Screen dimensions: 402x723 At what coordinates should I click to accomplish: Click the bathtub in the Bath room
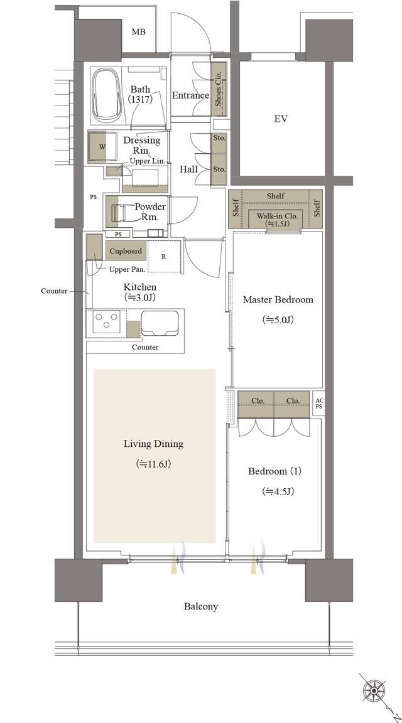click(x=109, y=96)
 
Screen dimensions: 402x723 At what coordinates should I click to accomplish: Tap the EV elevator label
click(x=281, y=119)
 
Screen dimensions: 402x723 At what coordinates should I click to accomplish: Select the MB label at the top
click(x=138, y=32)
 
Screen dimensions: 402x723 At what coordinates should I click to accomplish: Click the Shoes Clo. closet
click(x=219, y=89)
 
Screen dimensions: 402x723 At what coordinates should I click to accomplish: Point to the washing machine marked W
click(x=102, y=147)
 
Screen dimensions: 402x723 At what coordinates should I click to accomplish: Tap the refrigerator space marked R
click(x=163, y=257)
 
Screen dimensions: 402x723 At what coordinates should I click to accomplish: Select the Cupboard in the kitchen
click(x=126, y=251)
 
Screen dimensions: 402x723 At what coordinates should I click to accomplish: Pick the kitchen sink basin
click(x=160, y=323)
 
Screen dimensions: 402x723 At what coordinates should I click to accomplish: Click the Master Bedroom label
click(x=278, y=300)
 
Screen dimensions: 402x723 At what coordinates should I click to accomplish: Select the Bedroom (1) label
click(x=274, y=472)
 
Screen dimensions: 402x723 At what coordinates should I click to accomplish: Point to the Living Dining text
click(x=153, y=444)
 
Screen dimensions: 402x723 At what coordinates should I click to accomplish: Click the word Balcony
click(x=201, y=606)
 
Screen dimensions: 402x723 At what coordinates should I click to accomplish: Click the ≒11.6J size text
click(x=154, y=464)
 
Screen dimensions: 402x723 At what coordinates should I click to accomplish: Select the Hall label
click(x=188, y=169)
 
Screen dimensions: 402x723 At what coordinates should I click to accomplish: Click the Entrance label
click(x=190, y=95)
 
